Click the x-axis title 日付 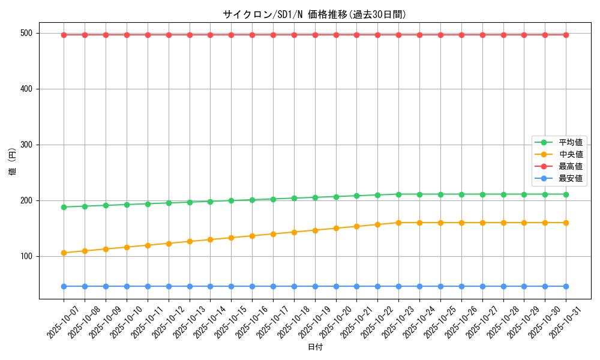click(314, 347)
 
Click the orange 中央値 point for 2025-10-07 click(64, 253)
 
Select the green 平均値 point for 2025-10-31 click(566, 194)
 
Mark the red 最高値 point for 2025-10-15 click(231, 35)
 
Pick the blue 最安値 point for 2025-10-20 click(336, 286)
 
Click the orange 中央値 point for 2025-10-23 click(398, 223)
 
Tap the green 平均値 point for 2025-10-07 click(64, 207)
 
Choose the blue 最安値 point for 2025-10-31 click(566, 286)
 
